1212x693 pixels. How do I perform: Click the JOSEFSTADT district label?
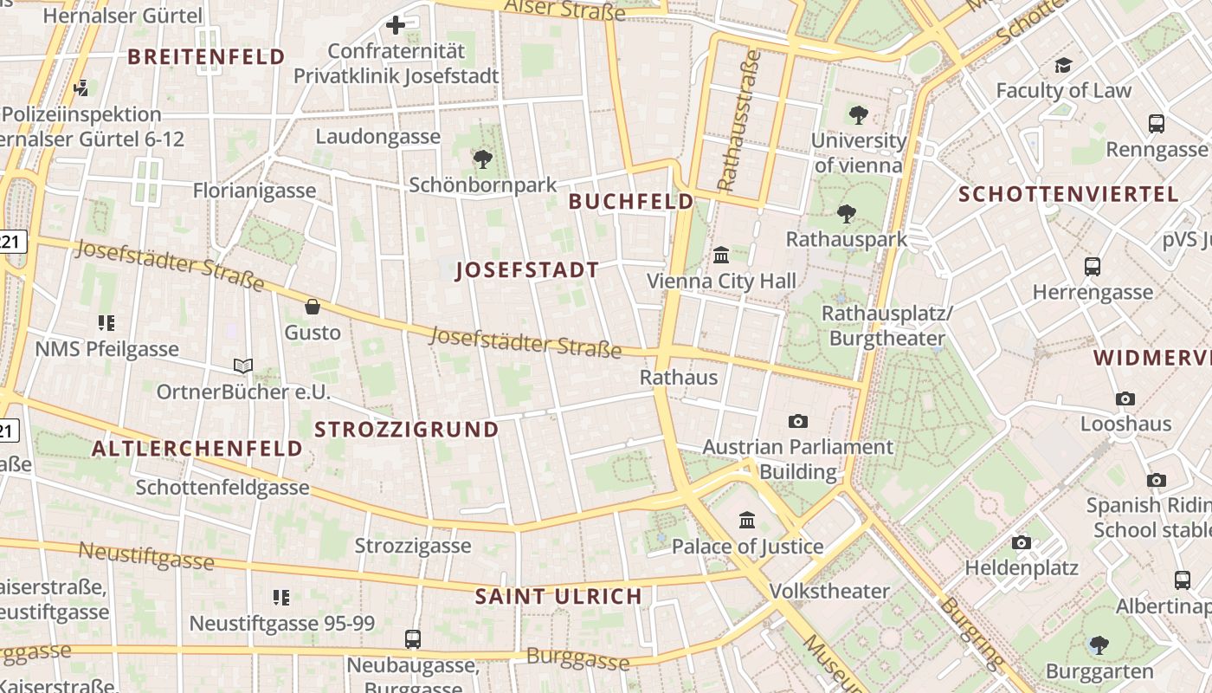pyautogui.click(x=527, y=270)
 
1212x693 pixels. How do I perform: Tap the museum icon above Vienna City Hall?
pyautogui.click(x=720, y=256)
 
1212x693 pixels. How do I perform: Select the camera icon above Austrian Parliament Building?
pyautogui.click(x=798, y=422)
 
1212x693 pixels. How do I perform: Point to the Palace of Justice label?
pyautogui.click(x=748, y=547)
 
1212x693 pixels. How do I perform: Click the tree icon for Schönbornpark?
pyautogui.click(x=483, y=159)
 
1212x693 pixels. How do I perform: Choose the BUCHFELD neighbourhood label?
pyautogui.click(x=631, y=202)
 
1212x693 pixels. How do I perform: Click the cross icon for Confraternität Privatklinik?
pyautogui.click(x=396, y=25)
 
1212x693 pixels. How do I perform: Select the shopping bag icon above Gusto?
pyautogui.click(x=313, y=307)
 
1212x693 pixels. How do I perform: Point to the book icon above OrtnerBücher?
pyautogui.click(x=243, y=366)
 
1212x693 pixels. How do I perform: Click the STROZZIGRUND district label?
pyautogui.click(x=407, y=430)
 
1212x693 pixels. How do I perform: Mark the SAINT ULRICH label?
pyautogui.click(x=558, y=596)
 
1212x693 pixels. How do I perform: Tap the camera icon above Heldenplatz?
pyautogui.click(x=1022, y=543)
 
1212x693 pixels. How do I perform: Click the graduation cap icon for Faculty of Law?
pyautogui.click(x=1063, y=65)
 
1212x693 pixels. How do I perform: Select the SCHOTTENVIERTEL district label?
pyautogui.click(x=1068, y=194)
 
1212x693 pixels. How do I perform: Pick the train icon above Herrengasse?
pyautogui.click(x=1093, y=267)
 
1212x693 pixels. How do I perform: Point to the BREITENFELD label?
pyautogui.click(x=206, y=57)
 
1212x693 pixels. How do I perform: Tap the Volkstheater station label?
pyautogui.click(x=829, y=592)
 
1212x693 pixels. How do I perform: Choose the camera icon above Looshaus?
pyautogui.click(x=1125, y=399)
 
